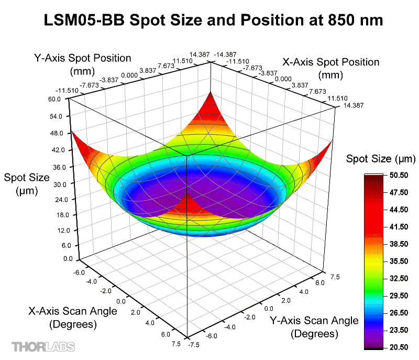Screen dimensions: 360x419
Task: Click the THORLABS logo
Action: [x=43, y=346]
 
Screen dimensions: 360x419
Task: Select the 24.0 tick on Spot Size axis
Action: [x=56, y=200]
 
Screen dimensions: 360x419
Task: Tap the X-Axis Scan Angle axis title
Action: [x=73, y=318]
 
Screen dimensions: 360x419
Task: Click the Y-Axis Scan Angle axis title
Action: [x=314, y=326]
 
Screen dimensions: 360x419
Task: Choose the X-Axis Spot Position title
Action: [x=331, y=68]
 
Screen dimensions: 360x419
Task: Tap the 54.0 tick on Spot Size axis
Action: [x=56, y=116]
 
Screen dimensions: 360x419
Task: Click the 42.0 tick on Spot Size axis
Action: [x=56, y=150]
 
